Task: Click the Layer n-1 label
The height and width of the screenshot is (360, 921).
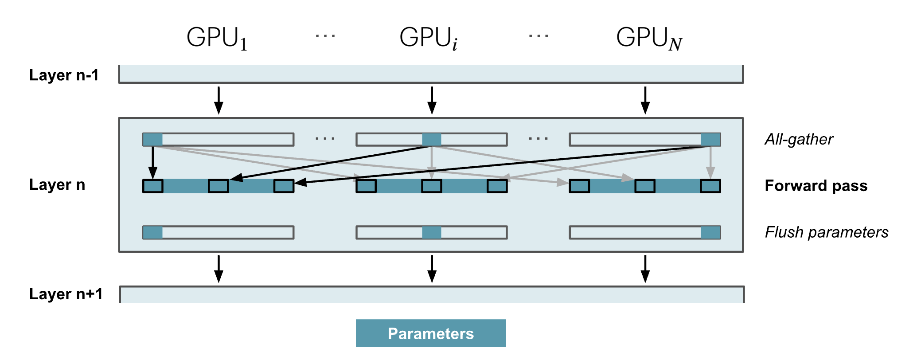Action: coord(64,75)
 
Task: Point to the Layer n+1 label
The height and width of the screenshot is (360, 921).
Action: coord(66,294)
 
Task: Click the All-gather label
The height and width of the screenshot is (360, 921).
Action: coord(799,139)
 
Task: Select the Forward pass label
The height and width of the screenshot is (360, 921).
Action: coord(816,185)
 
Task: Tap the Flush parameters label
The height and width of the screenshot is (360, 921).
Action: coord(826,232)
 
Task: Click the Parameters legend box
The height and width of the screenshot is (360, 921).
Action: coord(431,333)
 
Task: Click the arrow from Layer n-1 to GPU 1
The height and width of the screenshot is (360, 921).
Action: coord(219,100)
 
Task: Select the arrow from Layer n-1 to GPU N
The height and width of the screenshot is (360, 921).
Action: coord(645,100)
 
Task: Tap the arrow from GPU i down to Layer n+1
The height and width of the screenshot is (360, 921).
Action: coord(432,269)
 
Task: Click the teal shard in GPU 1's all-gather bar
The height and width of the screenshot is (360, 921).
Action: coord(152,140)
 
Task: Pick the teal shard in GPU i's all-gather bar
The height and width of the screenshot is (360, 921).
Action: coord(432,140)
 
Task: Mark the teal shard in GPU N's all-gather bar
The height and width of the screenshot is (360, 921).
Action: coord(710,140)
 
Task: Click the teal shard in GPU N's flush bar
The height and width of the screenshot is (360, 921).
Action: coord(710,232)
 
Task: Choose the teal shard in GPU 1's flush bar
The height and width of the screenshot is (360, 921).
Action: coord(152,232)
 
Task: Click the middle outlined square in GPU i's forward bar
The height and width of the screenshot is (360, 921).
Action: coord(432,186)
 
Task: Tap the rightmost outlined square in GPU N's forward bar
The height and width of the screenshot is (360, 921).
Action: coord(710,186)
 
